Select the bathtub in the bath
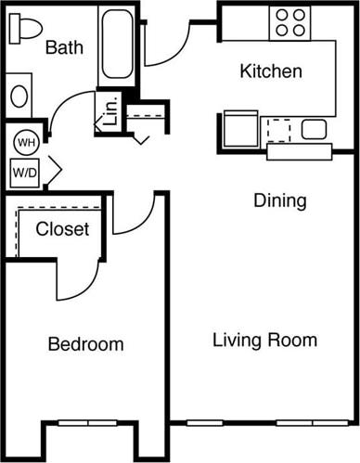[x=117, y=45]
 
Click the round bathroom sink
[x=19, y=96]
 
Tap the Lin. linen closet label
[x=109, y=112]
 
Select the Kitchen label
[x=272, y=71]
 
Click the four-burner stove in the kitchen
[x=289, y=22]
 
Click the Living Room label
[x=264, y=340]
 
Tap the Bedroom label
[x=85, y=344]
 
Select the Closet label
[x=62, y=228]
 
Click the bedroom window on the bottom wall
[x=88, y=423]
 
